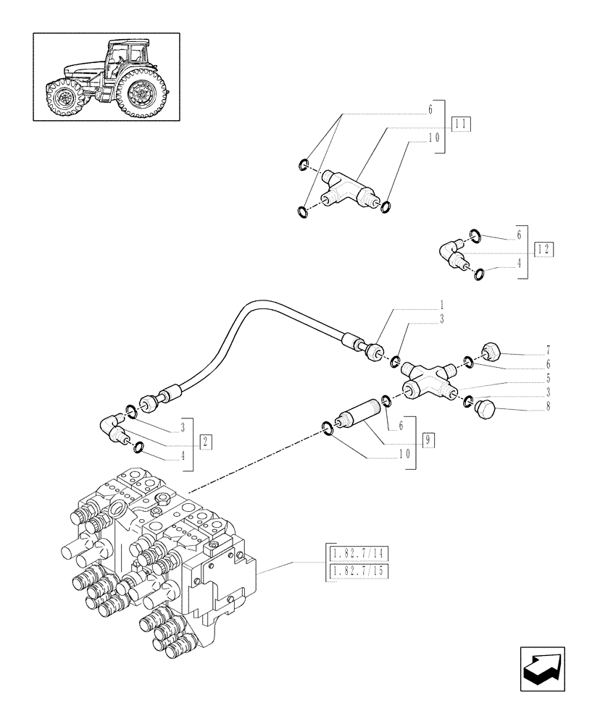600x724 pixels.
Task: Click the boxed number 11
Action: coord(461,124)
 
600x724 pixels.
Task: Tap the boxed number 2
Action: coord(206,442)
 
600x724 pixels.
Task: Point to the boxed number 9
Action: coord(429,439)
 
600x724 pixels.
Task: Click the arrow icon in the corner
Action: coord(545,665)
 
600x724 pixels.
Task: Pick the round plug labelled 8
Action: coord(483,409)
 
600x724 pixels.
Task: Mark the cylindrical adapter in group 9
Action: coord(361,420)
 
